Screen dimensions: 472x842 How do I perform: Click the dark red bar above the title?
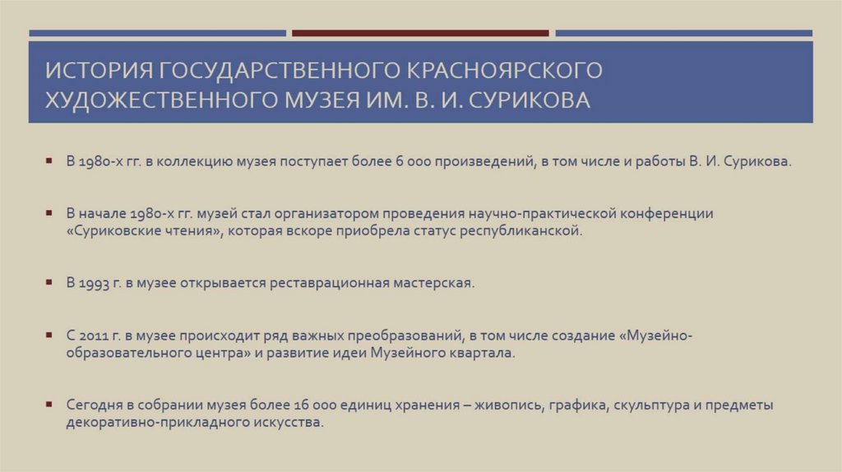point(420,34)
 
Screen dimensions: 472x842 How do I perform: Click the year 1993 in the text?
point(95,283)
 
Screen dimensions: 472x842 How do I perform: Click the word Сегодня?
point(93,405)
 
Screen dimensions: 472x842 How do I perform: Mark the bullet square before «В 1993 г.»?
point(49,282)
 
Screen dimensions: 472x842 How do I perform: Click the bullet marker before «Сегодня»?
point(49,404)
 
